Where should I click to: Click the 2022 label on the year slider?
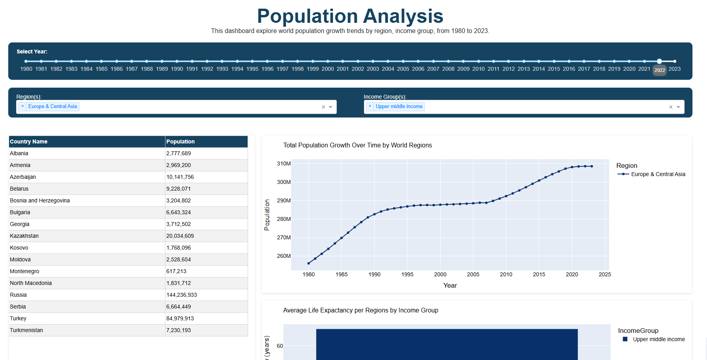click(659, 70)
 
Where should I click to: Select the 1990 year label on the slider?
click(177, 69)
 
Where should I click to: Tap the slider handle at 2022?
click(659, 61)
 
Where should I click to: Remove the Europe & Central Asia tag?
click(22, 106)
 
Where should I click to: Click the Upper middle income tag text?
click(399, 107)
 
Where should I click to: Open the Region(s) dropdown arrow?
click(331, 107)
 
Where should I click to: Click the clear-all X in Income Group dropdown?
click(671, 107)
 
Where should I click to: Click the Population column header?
click(180, 141)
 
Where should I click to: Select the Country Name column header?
click(29, 141)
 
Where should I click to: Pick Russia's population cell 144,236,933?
click(182, 295)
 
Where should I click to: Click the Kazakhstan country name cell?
click(24, 236)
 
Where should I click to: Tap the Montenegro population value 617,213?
click(176, 271)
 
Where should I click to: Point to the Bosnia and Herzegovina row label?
click(40, 200)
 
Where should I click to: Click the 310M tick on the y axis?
click(284, 163)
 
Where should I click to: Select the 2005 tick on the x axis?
click(473, 274)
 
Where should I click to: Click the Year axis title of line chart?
click(450, 285)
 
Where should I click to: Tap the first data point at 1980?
click(309, 263)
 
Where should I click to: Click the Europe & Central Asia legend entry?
click(658, 174)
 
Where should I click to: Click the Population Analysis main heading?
click(350, 16)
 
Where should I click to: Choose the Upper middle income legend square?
click(625, 339)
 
